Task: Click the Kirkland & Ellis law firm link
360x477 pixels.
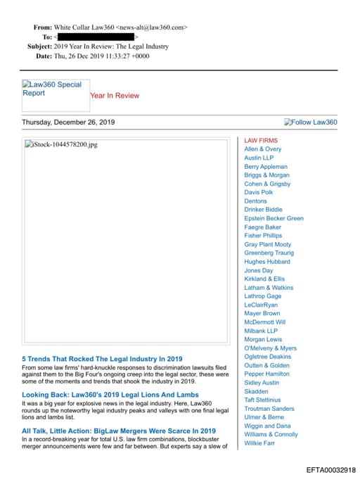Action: pyautogui.click(x=264, y=279)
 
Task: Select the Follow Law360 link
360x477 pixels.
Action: pyautogui.click(x=311, y=122)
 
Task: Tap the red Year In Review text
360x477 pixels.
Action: pyautogui.click(x=115, y=96)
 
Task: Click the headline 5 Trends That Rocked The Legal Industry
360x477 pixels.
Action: pyautogui.click(x=102, y=359)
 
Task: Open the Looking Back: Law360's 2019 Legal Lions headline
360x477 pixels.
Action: pyautogui.click(x=110, y=395)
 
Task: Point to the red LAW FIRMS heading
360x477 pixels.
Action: pyautogui.click(x=261, y=141)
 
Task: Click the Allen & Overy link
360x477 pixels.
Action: pyautogui.click(x=263, y=149)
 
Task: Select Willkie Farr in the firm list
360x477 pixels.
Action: pyautogui.click(x=259, y=443)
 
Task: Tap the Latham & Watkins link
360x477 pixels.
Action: pyautogui.click(x=269, y=288)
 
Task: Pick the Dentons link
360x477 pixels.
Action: pyautogui.click(x=256, y=201)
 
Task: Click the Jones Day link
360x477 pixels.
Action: pyautogui.click(x=259, y=270)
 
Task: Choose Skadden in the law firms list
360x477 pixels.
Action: pyautogui.click(x=256, y=391)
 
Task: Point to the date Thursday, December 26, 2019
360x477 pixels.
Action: pyautogui.click(x=68, y=122)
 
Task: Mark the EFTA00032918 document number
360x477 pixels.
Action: pyautogui.click(x=331, y=469)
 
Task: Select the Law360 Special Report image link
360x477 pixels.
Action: pyautogui.click(x=55, y=89)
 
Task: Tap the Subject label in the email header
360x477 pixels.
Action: pyautogui.click(x=40, y=46)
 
